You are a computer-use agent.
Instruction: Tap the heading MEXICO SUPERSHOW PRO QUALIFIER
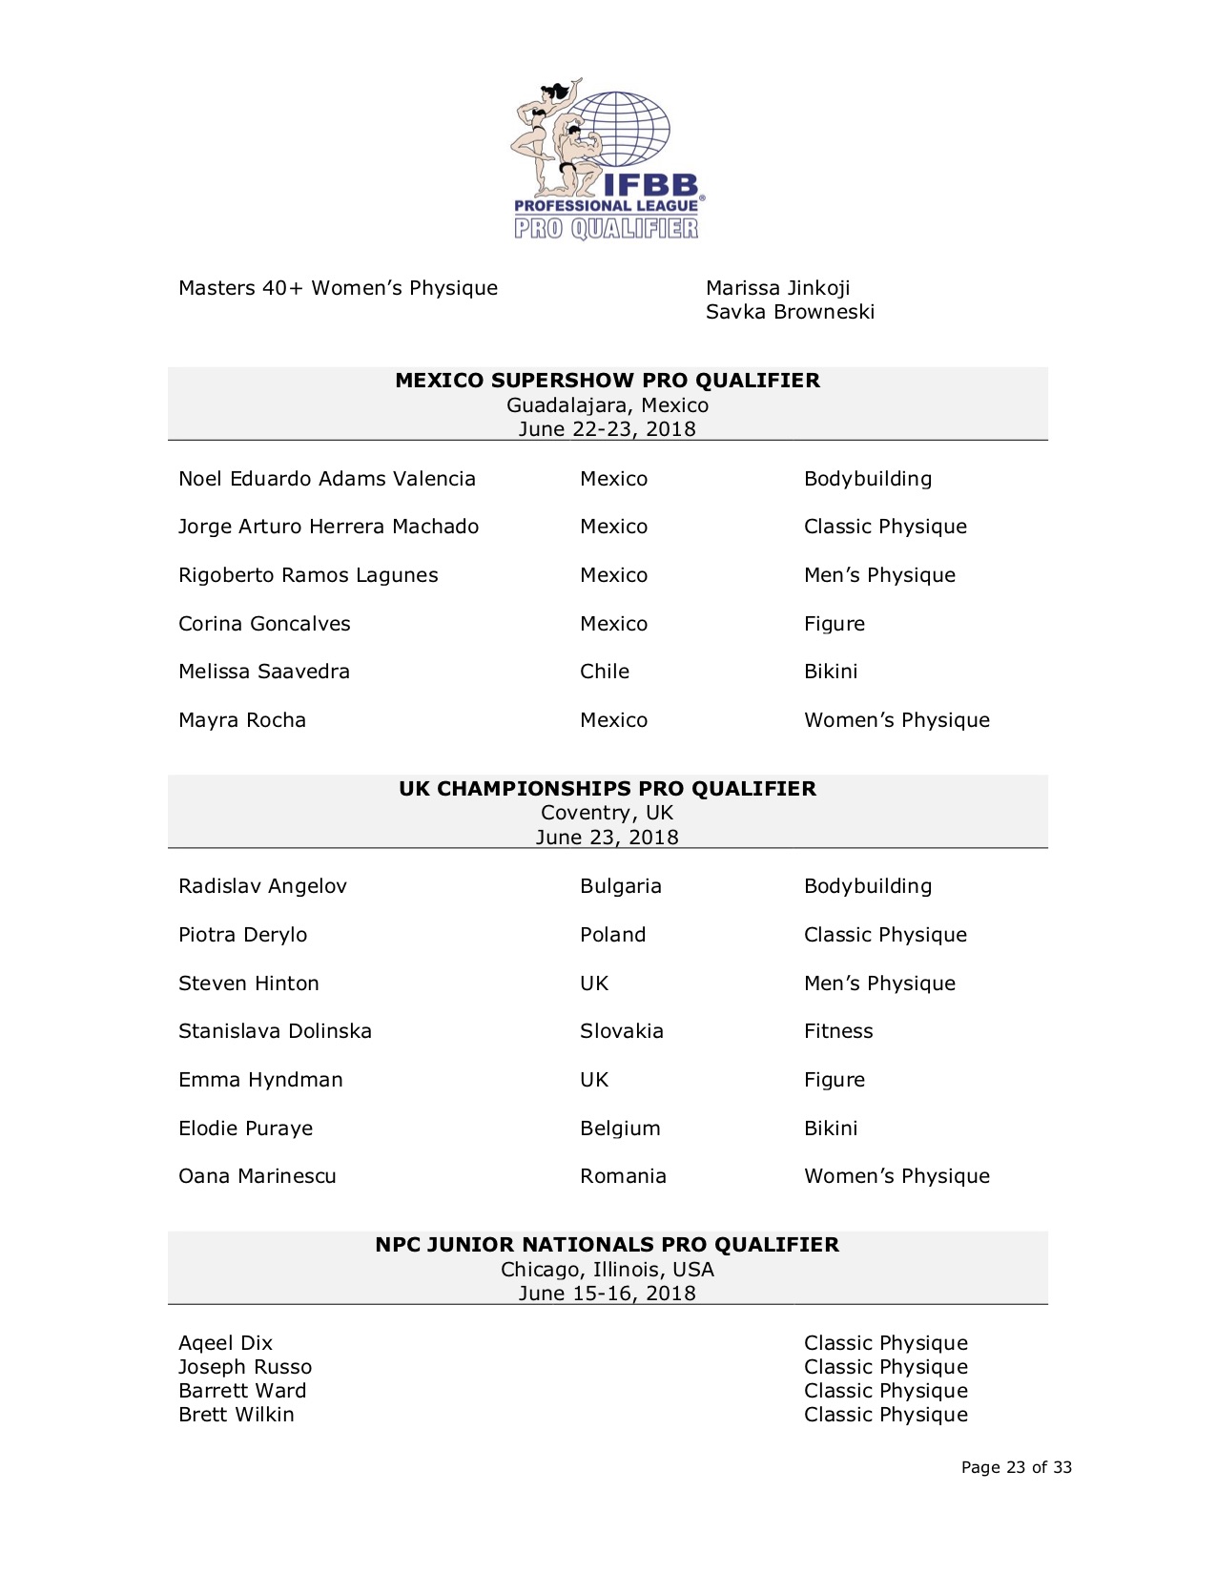(608, 380)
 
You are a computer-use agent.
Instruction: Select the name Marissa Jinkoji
(777, 288)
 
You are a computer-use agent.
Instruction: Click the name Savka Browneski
(790, 312)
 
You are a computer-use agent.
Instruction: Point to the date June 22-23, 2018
(608, 429)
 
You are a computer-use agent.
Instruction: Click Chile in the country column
(605, 672)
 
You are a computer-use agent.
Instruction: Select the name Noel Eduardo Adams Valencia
(327, 479)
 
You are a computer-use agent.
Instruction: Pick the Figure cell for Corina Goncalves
(835, 624)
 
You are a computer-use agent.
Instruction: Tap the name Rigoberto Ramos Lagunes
(308, 575)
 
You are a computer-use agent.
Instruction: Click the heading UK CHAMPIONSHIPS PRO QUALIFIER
(608, 788)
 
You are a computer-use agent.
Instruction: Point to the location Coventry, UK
(608, 813)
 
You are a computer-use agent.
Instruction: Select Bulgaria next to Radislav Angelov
(621, 886)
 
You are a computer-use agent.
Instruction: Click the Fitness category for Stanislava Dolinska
(838, 1031)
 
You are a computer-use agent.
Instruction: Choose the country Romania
(623, 1176)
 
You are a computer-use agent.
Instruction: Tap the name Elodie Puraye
(245, 1129)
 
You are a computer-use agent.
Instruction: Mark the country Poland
(612, 935)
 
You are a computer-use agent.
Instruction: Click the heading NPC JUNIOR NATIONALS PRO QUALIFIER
(608, 1244)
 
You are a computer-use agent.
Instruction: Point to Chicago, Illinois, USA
(608, 1270)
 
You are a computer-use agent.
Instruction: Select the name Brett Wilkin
(237, 1415)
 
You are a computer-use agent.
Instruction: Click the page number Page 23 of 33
(1017, 1467)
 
